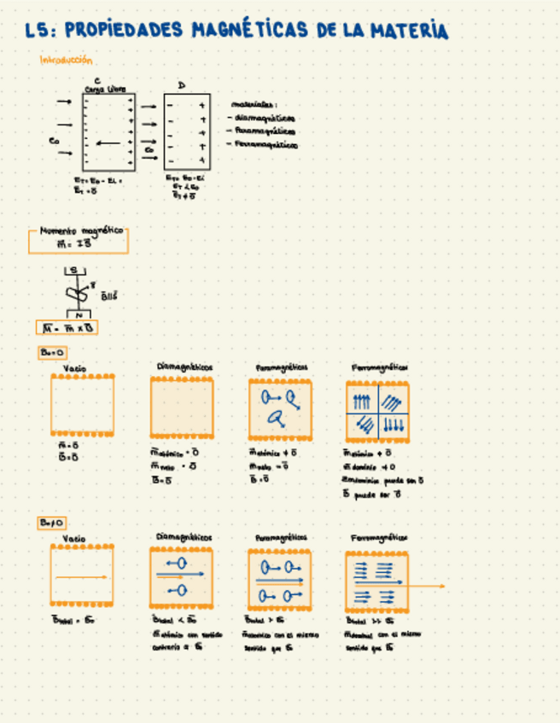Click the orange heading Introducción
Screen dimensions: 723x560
(66, 61)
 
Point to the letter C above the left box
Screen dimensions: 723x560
(98, 80)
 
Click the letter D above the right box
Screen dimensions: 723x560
(181, 84)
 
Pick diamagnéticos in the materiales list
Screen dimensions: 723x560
(265, 119)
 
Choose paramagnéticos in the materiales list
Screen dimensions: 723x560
(265, 131)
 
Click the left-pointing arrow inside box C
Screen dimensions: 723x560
(108, 143)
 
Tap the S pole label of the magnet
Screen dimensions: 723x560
(73, 271)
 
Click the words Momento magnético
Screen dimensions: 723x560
(81, 231)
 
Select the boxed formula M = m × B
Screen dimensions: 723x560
(67, 328)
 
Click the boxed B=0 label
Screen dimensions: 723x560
(52, 352)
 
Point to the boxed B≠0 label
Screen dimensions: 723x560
(52, 523)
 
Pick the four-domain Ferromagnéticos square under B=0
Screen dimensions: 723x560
(377, 408)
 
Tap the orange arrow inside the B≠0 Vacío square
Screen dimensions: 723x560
(82, 577)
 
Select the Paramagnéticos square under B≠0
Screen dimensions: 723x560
(280, 579)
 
